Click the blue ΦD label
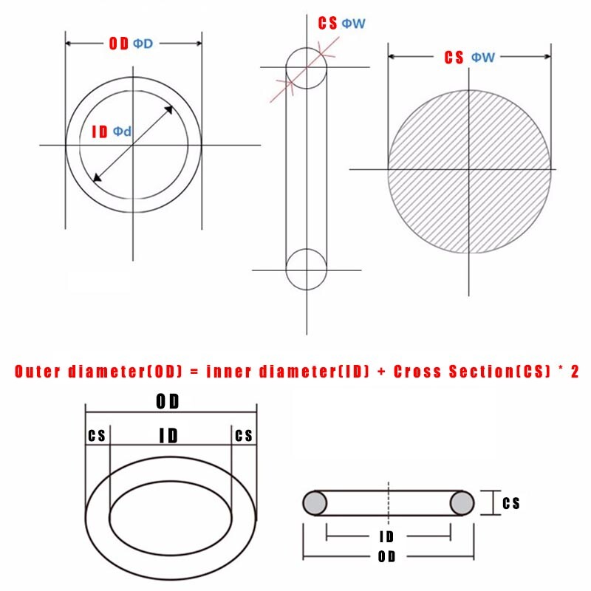pos(143,44)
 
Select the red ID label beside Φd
pos(100,132)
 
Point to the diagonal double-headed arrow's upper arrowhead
pos(169,110)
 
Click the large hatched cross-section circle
pos(470,170)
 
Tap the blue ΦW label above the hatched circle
pos(483,58)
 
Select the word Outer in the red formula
pos(37,372)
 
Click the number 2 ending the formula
pos(575,372)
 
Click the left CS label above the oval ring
pos(97,436)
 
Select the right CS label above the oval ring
pos(244,436)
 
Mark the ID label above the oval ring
pos(168,436)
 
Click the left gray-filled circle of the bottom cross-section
pos(315,503)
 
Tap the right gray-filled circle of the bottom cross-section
pos(462,503)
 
